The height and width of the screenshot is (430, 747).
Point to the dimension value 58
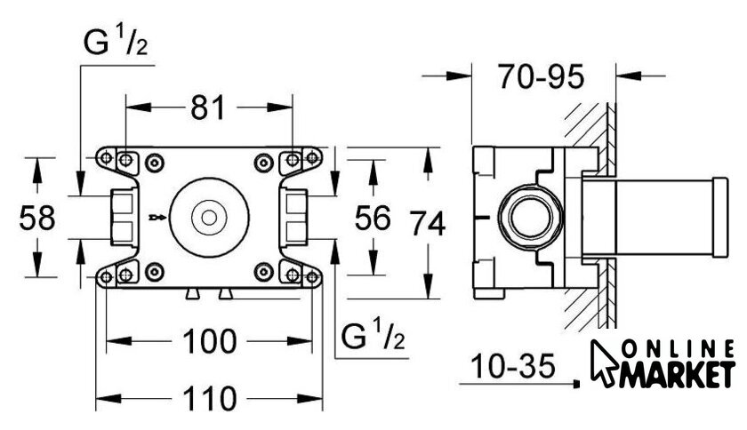pyautogui.click(x=36, y=218)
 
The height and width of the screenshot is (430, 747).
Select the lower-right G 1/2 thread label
pyautogui.click(x=373, y=336)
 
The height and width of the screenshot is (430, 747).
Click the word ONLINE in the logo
pyautogui.click(x=680, y=348)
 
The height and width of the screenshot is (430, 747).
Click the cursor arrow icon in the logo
pyautogui.click(x=606, y=362)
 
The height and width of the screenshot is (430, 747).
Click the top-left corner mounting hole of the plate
pyautogui.click(x=107, y=159)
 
